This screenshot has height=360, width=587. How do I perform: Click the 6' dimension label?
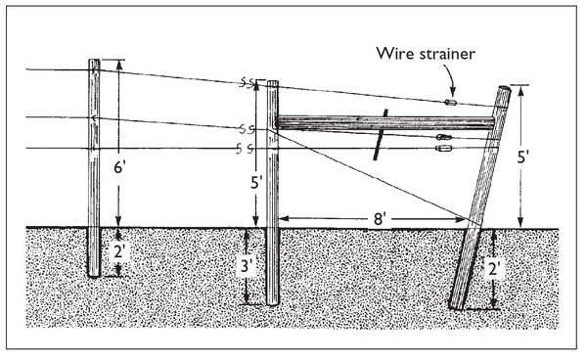[119, 167]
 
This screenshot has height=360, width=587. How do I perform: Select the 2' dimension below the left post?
[119, 252]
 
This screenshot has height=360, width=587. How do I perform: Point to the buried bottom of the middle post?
[273, 301]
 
